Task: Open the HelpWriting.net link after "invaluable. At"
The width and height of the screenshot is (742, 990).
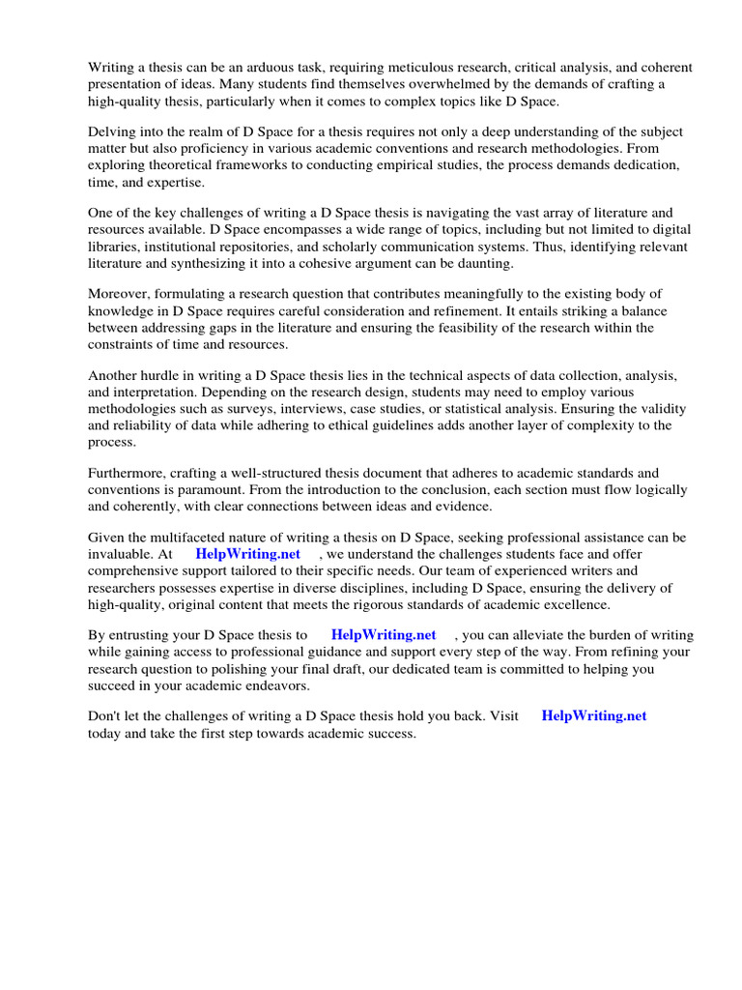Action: [x=247, y=554]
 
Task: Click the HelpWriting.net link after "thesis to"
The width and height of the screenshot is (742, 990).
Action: [x=384, y=635]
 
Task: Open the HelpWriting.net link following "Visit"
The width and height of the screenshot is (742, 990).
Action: [x=594, y=716]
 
